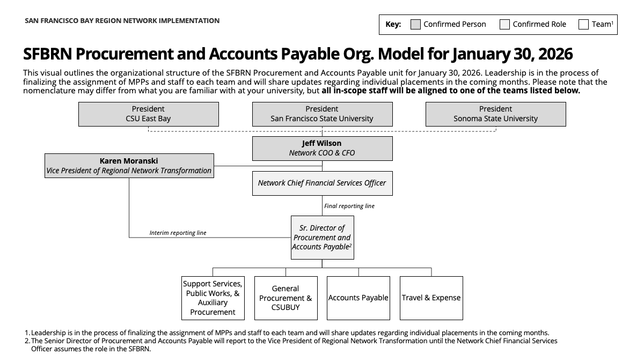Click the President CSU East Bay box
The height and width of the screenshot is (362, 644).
(x=148, y=114)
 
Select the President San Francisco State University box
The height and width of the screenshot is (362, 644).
(x=322, y=114)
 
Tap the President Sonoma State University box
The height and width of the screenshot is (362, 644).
(x=495, y=114)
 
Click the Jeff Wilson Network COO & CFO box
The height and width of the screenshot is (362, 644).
(x=322, y=148)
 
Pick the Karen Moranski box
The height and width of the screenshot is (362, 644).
(x=129, y=166)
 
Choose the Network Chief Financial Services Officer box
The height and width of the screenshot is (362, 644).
(x=322, y=183)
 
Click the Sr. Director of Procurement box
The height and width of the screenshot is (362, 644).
(x=322, y=237)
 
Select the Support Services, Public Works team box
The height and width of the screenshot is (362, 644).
(x=213, y=298)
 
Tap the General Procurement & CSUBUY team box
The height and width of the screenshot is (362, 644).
(x=286, y=298)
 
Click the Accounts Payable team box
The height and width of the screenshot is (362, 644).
(x=358, y=298)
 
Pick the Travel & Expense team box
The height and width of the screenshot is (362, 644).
(x=431, y=298)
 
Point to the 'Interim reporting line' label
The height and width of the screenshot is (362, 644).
(x=178, y=233)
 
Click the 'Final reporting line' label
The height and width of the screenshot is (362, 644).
(x=349, y=206)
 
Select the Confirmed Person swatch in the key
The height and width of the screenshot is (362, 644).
(x=415, y=24)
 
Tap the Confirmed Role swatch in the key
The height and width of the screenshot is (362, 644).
(x=504, y=24)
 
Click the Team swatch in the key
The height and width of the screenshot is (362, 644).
(x=583, y=24)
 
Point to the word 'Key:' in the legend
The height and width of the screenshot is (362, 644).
(x=393, y=24)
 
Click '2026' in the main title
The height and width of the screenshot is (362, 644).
(x=553, y=54)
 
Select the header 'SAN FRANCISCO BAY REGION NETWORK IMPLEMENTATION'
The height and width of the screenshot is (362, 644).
(x=122, y=20)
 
